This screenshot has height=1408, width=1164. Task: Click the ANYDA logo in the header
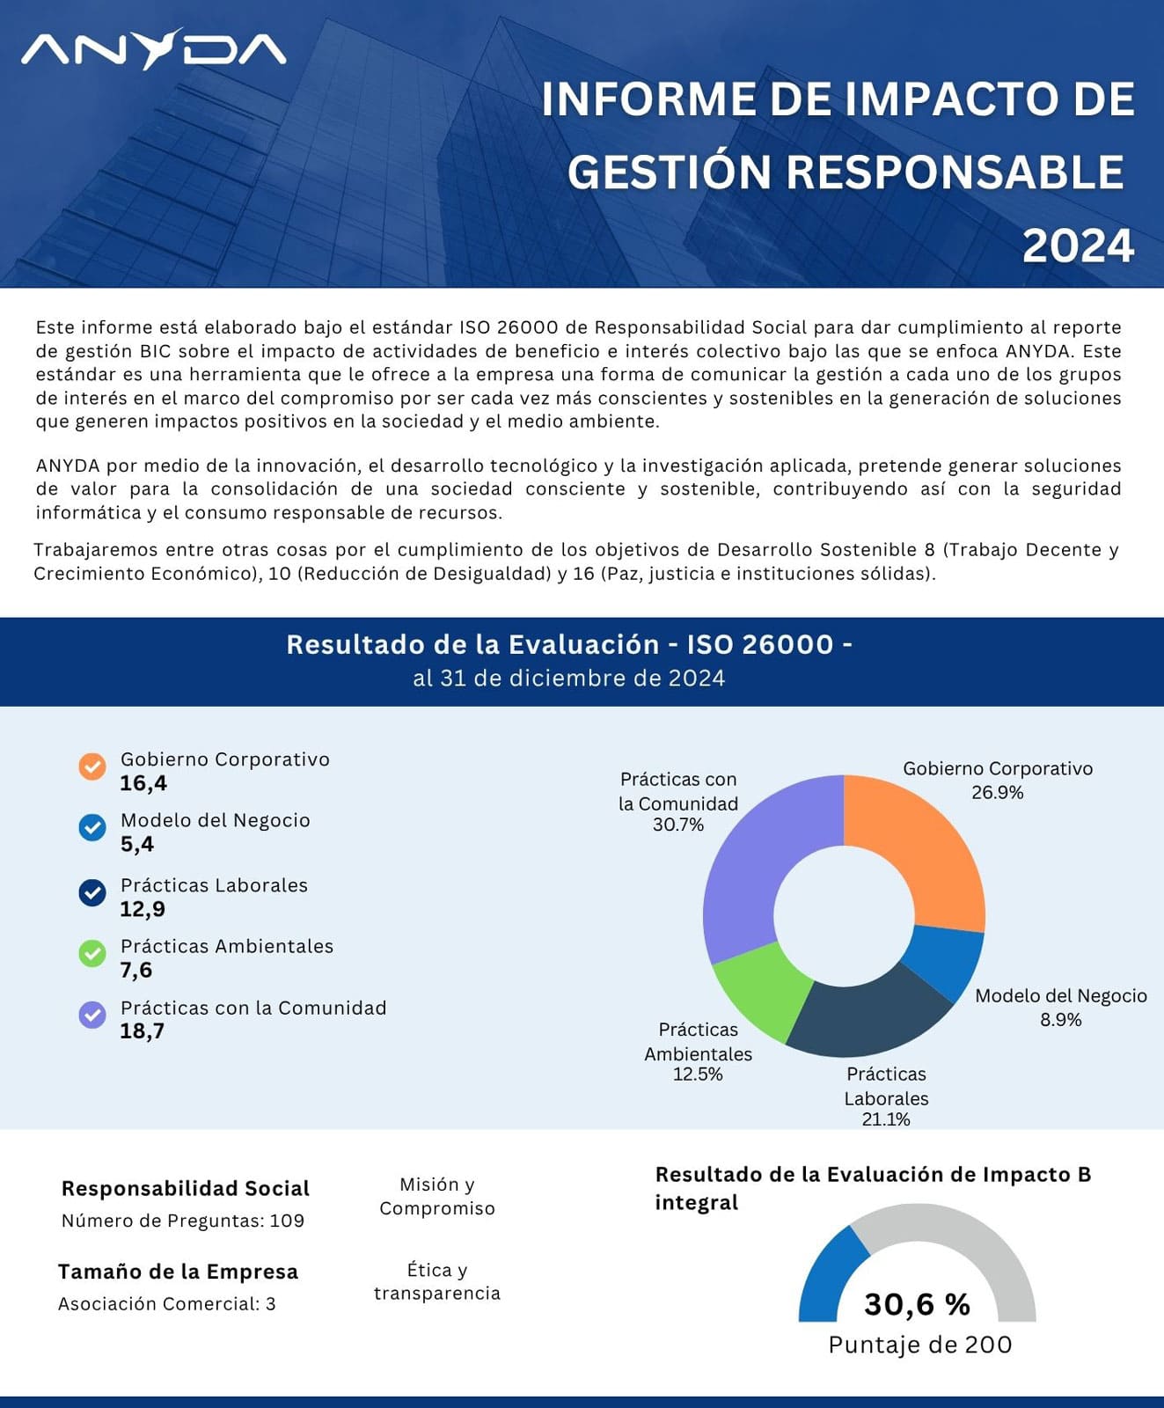(x=154, y=49)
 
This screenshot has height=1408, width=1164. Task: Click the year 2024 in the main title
(x=1078, y=246)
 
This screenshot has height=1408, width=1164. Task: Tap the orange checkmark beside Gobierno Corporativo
(x=92, y=766)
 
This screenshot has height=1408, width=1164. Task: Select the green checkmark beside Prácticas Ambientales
(x=92, y=953)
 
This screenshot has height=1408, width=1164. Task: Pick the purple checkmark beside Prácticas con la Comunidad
(x=92, y=1015)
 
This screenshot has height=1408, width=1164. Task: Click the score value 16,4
(x=143, y=783)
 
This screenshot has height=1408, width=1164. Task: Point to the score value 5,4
(x=137, y=844)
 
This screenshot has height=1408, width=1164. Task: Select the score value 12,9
(x=143, y=909)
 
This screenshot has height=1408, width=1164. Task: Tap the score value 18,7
(x=143, y=1030)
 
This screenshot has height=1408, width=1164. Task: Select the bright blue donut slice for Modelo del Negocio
(x=943, y=959)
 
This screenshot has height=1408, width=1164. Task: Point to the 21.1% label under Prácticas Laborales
(x=886, y=1119)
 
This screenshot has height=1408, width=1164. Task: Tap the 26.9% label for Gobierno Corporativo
(x=997, y=792)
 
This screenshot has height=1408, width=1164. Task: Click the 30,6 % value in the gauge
(x=917, y=1304)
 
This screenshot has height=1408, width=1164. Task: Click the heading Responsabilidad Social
(x=186, y=1188)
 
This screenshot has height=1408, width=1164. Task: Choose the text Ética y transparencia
(x=437, y=1281)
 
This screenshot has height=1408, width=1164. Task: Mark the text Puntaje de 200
(x=920, y=1345)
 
